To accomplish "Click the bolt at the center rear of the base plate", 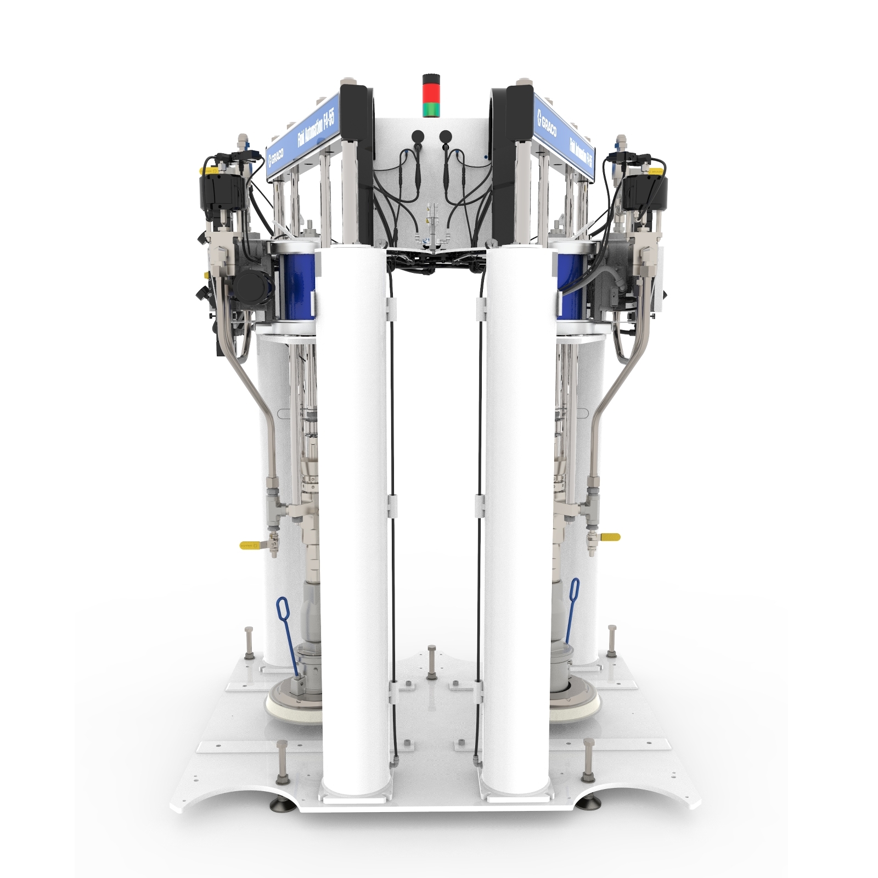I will [x=432, y=659].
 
